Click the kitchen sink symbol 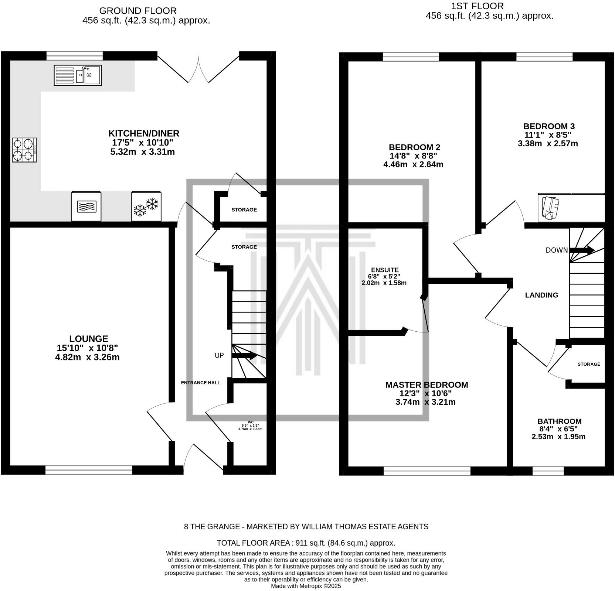pos(78,75)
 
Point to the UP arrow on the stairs pos(244,356)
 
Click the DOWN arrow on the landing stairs pos(582,250)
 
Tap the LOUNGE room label pos(89,339)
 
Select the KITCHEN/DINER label pos(144,133)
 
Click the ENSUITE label pos(385,270)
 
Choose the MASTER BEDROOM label pos(427,385)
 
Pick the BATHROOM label pos(559,421)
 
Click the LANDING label pos(541,295)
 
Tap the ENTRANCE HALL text pos(200,383)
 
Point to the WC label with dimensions pos(250,426)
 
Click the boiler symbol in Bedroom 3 pos(550,208)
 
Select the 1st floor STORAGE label pos(589,364)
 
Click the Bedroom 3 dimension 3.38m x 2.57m pos(548,144)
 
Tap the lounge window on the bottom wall pos(89,470)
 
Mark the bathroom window pos(548,471)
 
